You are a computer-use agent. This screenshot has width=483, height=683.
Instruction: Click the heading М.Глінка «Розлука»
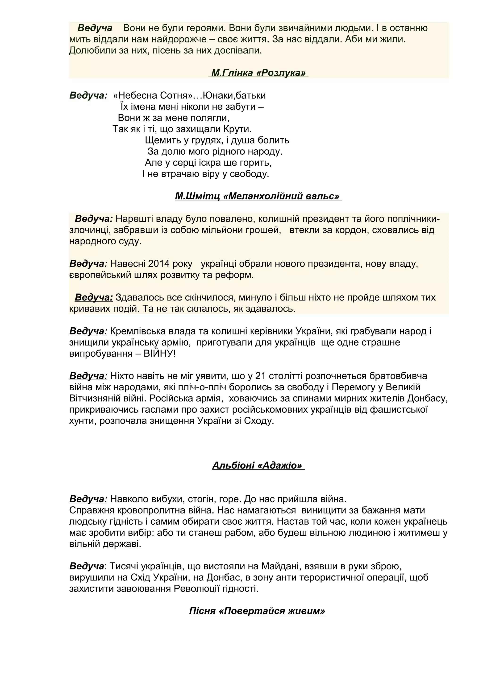[x=258, y=73]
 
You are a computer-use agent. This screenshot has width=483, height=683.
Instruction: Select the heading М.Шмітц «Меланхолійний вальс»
[x=258, y=196]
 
